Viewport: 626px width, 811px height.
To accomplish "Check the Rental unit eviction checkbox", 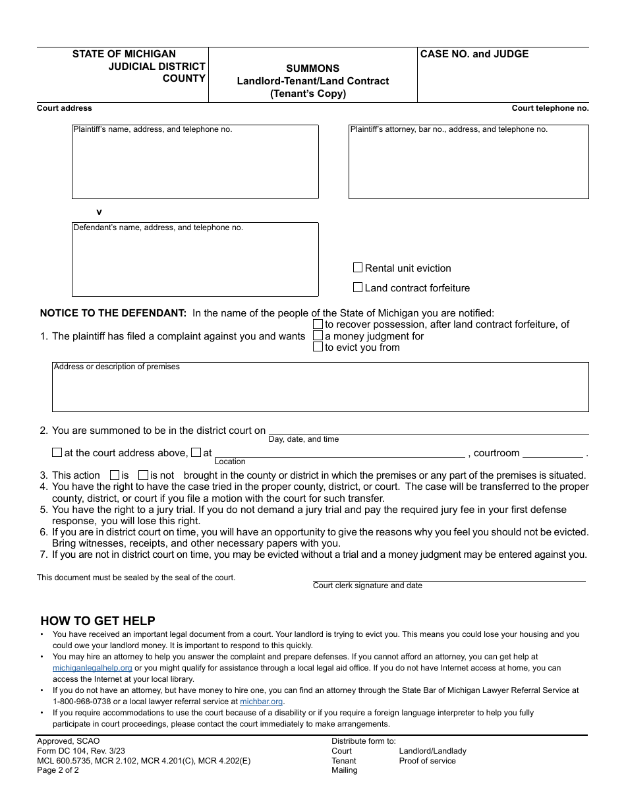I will pyautogui.click(x=358, y=268).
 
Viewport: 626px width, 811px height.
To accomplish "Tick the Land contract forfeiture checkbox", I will pyautogui.click(x=358, y=287).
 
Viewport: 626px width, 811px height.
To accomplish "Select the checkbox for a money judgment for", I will pyautogui.click(x=318, y=336).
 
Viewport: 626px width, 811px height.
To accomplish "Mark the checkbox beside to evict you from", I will pyautogui.click(x=318, y=347).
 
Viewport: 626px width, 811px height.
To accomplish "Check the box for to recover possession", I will pyautogui.click(x=318, y=324).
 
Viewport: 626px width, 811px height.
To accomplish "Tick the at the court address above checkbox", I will pyautogui.click(x=57, y=453).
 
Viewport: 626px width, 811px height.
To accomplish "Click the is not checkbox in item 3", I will pyautogui.click(x=144, y=475).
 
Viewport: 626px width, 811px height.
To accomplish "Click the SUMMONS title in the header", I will pyautogui.click(x=313, y=69).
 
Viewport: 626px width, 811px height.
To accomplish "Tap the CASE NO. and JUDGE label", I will pyautogui.click(x=474, y=54).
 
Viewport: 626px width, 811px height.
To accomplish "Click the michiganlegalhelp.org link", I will pyautogui.click(x=92, y=668).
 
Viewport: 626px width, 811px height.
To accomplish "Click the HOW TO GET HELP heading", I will pyautogui.click(x=98, y=620).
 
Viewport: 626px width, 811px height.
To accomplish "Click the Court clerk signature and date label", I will pyautogui.click(x=368, y=586).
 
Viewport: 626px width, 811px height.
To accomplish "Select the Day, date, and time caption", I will pyautogui.click(x=304, y=439).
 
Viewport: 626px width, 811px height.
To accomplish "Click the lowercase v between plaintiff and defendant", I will pyautogui.click(x=100, y=212).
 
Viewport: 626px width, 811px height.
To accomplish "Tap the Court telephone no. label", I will pyautogui.click(x=550, y=108).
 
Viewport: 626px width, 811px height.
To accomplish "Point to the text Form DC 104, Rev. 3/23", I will pyautogui.click(x=81, y=751).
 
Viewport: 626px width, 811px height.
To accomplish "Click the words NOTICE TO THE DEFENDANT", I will pyautogui.click(x=113, y=313).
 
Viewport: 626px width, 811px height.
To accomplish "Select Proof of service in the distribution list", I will pyautogui.click(x=427, y=761).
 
